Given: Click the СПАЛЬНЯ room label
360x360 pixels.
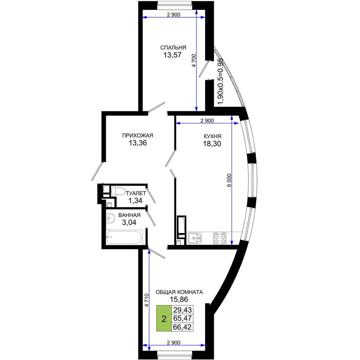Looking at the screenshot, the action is pyautogui.click(x=173, y=48).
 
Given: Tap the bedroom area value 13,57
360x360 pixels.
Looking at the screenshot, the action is pyautogui.click(x=172, y=55).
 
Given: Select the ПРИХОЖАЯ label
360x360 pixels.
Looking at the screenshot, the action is pyautogui.click(x=138, y=135).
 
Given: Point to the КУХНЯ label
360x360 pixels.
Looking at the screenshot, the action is pyautogui.click(x=212, y=136).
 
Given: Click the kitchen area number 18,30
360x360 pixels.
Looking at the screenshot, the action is pyautogui.click(x=212, y=144).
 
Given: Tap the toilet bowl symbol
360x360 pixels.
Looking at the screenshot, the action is pyautogui.click(x=118, y=191).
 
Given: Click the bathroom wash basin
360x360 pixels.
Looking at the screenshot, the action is pyautogui.click(x=111, y=218).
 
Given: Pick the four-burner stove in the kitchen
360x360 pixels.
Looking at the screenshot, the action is pyautogui.click(x=220, y=238).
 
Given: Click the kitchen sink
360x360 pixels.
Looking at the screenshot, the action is pyautogui.click(x=195, y=238).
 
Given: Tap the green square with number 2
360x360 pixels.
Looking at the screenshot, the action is pyautogui.click(x=164, y=318).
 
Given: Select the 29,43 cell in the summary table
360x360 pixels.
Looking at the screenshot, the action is pyautogui.click(x=182, y=310).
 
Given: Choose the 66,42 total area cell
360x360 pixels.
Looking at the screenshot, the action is pyautogui.click(x=182, y=327).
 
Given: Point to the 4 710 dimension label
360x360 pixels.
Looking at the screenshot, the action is pyautogui.click(x=147, y=300).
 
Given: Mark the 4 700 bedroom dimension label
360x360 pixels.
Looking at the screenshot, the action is pyautogui.click(x=194, y=60).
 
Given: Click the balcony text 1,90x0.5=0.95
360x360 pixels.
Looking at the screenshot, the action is pyautogui.click(x=220, y=81).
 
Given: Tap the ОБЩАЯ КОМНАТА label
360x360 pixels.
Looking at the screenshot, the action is pyautogui.click(x=179, y=292).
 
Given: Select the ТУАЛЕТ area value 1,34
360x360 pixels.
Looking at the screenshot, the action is pyautogui.click(x=135, y=201).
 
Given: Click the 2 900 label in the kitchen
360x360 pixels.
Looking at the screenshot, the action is pyautogui.click(x=207, y=121).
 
